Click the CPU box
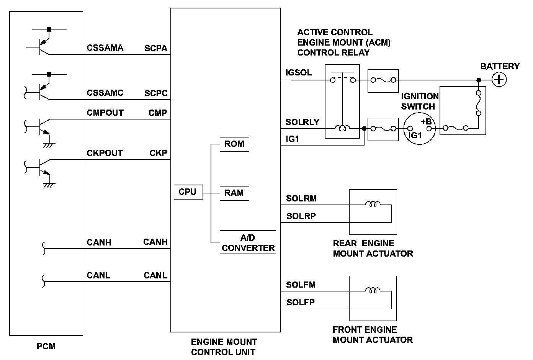pos(188,192)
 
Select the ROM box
pos(234,144)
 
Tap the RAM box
pos(234,193)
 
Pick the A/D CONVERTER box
pos(248,243)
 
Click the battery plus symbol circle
pos(499,80)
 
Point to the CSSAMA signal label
pos(105,48)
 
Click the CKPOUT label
pos(105,153)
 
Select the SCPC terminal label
pos(156,93)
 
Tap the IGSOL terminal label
pos(299,73)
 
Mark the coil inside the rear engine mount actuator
pos(373,205)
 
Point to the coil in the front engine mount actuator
pos(373,291)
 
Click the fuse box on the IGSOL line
pos(383,81)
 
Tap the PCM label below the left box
pos(46,347)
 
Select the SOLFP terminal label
pos(301,303)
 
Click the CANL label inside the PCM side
pos(98,276)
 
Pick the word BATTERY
pos(500,67)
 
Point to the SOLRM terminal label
pos(301,199)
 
